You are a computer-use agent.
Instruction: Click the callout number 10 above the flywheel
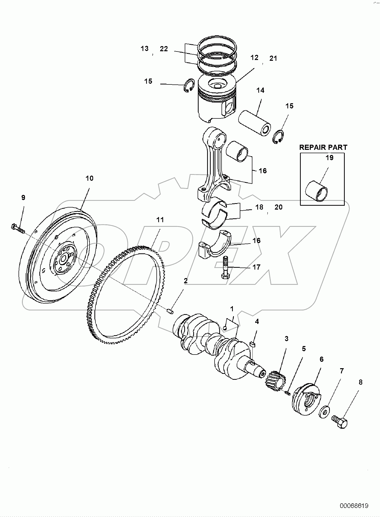coord(89,178)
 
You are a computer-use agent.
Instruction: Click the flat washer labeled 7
coord(324,412)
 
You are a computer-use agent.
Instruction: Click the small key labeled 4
coord(253,343)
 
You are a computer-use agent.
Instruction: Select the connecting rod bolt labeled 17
coord(225,268)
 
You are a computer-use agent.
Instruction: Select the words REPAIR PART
coord(323,147)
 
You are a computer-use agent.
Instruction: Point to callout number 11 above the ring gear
coord(160,220)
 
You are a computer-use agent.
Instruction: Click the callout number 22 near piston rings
coord(164,49)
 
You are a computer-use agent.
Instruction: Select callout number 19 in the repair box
coord(329,158)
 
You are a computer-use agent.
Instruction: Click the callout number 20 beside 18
coord(278,207)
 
